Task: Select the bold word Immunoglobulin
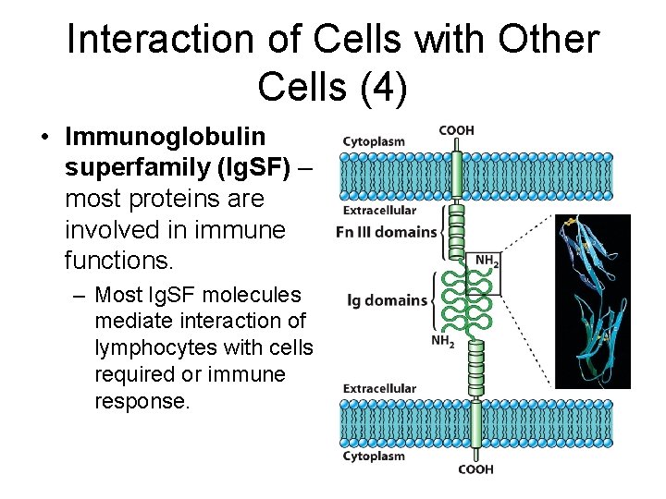[166, 137]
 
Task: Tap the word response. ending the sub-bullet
[141, 401]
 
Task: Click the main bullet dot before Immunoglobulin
[44, 138]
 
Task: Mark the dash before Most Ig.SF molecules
[77, 296]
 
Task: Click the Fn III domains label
[387, 232]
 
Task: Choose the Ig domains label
[387, 299]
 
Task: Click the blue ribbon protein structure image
[592, 301]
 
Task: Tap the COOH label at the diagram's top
[456, 130]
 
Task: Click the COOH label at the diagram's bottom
[475, 469]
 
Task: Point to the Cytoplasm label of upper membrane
[374, 141]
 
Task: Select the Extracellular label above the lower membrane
[379, 388]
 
